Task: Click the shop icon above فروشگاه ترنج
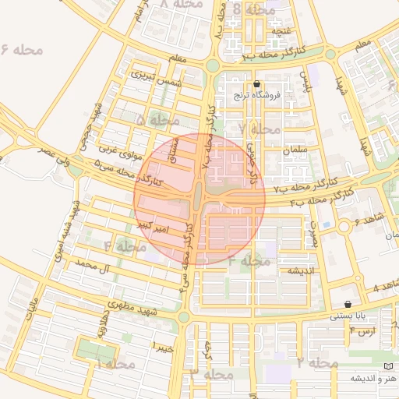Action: [x=257, y=84]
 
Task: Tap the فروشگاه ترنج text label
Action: [x=256, y=95]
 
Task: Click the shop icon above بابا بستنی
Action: [x=347, y=304]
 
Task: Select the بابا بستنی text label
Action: [x=347, y=316]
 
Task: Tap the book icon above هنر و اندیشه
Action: [x=388, y=366]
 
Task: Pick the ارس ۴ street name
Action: [x=362, y=331]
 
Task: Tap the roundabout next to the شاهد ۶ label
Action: [x=344, y=226]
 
